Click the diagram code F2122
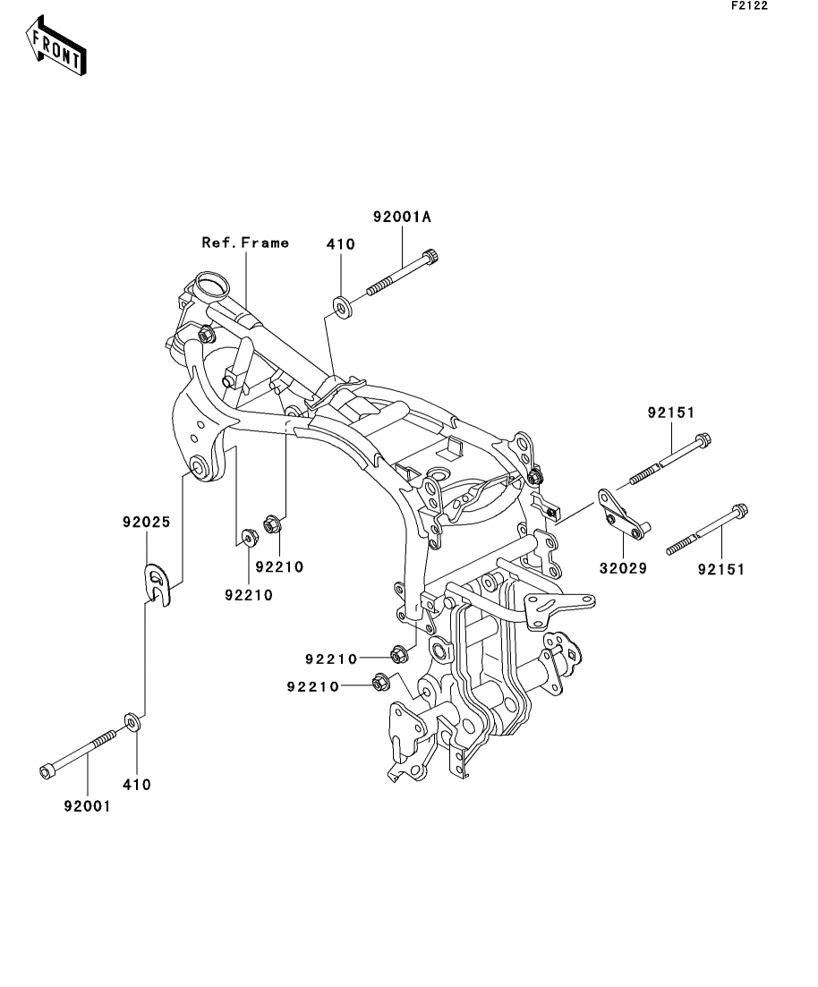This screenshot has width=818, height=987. point(749,5)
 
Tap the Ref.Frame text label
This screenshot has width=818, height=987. point(244,242)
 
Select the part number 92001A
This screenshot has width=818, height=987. point(402,217)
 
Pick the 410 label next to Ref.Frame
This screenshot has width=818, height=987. point(341,243)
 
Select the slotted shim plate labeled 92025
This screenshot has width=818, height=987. point(158,583)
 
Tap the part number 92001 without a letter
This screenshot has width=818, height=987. point(87,805)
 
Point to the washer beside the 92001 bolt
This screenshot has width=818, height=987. point(131,720)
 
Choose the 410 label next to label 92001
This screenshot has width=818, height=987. point(137,785)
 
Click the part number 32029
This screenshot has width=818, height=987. point(621,567)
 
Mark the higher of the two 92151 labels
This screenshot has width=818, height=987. point(671,413)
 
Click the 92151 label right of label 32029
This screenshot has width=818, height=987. point(720,567)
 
